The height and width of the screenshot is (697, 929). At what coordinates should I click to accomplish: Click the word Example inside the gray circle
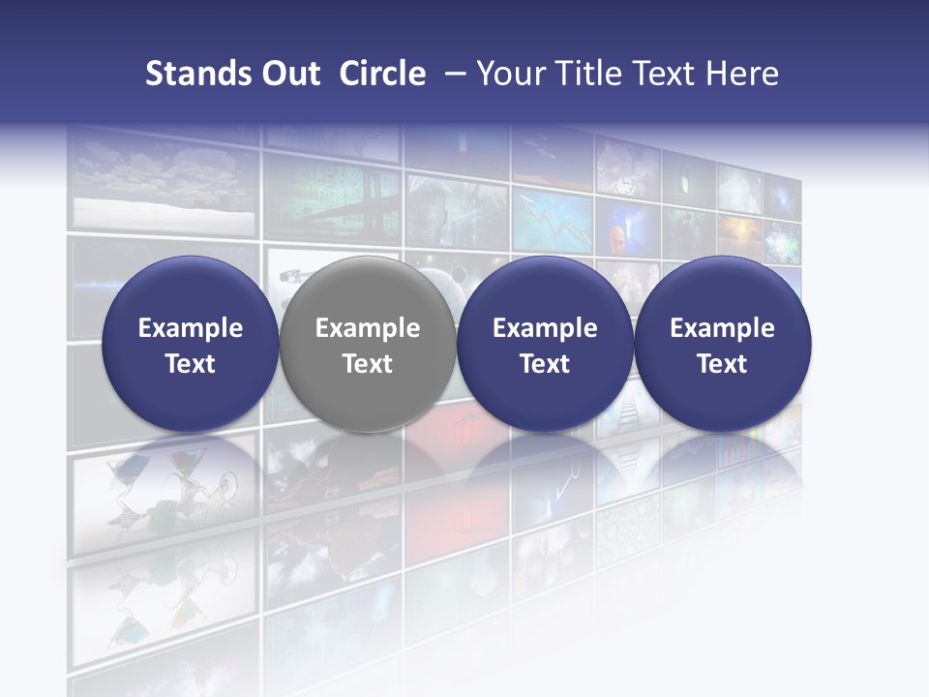coord(368,328)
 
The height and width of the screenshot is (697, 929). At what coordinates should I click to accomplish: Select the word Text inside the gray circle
coord(368,364)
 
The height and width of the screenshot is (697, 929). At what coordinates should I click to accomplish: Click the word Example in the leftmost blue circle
coord(191,328)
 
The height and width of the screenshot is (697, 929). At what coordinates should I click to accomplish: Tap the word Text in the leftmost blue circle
coord(191,364)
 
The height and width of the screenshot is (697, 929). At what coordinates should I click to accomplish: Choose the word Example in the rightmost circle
coord(722,328)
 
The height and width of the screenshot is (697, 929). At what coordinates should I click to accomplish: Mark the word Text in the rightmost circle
coord(722,364)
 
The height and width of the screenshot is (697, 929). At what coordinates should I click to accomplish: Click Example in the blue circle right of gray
coord(545,328)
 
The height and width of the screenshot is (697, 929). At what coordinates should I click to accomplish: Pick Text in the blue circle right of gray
coord(545,364)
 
